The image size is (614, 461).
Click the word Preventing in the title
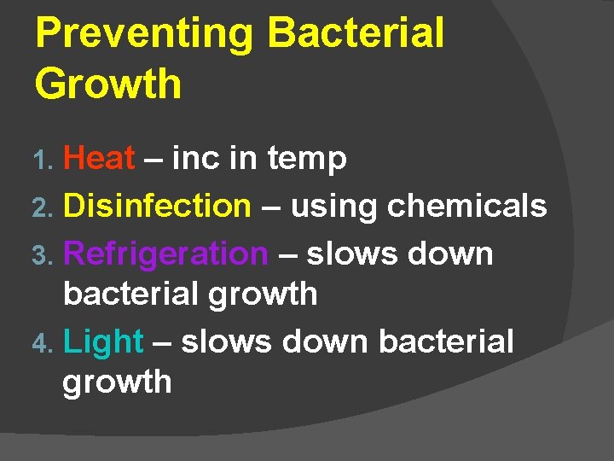[x=143, y=34]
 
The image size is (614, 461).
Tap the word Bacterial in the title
[x=356, y=34]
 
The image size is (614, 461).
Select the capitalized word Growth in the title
[x=108, y=85]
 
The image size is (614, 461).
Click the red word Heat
[x=99, y=158]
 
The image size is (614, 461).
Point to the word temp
[x=307, y=160]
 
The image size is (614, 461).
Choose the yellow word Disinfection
[x=157, y=206]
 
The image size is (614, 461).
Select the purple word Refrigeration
[x=165, y=254]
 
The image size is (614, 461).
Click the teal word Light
[x=103, y=342]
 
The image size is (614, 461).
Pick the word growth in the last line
[x=117, y=382]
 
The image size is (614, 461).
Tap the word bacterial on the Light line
[x=446, y=341]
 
